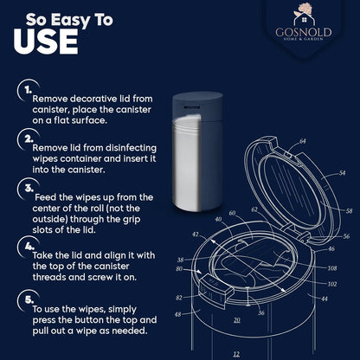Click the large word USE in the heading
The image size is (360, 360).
pyautogui.click(x=46, y=42)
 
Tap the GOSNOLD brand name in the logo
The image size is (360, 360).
pyautogui.click(x=304, y=32)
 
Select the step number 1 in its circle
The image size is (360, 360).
pyautogui.click(x=28, y=91)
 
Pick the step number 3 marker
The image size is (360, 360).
pyautogui.click(x=29, y=189)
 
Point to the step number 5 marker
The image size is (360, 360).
pyautogui.click(x=29, y=299)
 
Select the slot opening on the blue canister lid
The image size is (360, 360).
pyautogui.click(x=192, y=107)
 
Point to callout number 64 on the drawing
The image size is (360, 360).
pyautogui.click(x=302, y=141)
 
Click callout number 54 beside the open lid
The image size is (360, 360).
pyautogui.click(x=342, y=173)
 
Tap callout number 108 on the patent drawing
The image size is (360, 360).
pyautogui.click(x=332, y=268)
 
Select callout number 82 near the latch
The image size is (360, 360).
pyautogui.click(x=179, y=298)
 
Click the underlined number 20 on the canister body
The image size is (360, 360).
pyautogui.click(x=237, y=320)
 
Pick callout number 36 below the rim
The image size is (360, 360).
pyautogui.click(x=261, y=312)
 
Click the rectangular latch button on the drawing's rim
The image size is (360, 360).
pyautogui.click(x=216, y=287)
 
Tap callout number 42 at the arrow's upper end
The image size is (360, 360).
pyautogui.click(x=196, y=235)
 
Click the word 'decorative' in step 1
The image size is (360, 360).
pyautogui.click(x=93, y=99)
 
